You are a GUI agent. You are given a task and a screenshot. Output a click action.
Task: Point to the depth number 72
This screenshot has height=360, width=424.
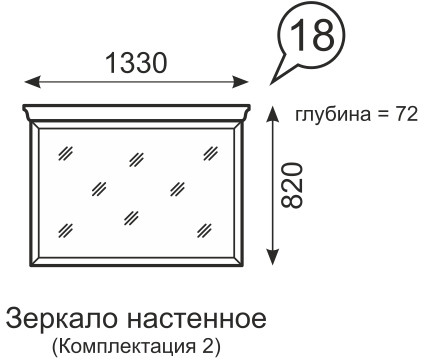(406, 114)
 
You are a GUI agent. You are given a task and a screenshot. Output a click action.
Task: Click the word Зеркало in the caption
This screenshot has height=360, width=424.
(61, 321)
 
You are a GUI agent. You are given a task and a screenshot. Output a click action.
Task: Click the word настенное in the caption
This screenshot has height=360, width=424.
(197, 321)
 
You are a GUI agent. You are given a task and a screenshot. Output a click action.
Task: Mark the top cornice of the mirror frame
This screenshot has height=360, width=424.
(135, 109)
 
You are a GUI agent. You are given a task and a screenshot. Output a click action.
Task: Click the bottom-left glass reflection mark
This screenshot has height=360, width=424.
(67, 228)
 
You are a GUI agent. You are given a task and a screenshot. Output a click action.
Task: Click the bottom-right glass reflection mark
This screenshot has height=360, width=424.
(209, 228)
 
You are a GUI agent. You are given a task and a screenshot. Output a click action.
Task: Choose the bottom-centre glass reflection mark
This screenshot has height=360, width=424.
(132, 216)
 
